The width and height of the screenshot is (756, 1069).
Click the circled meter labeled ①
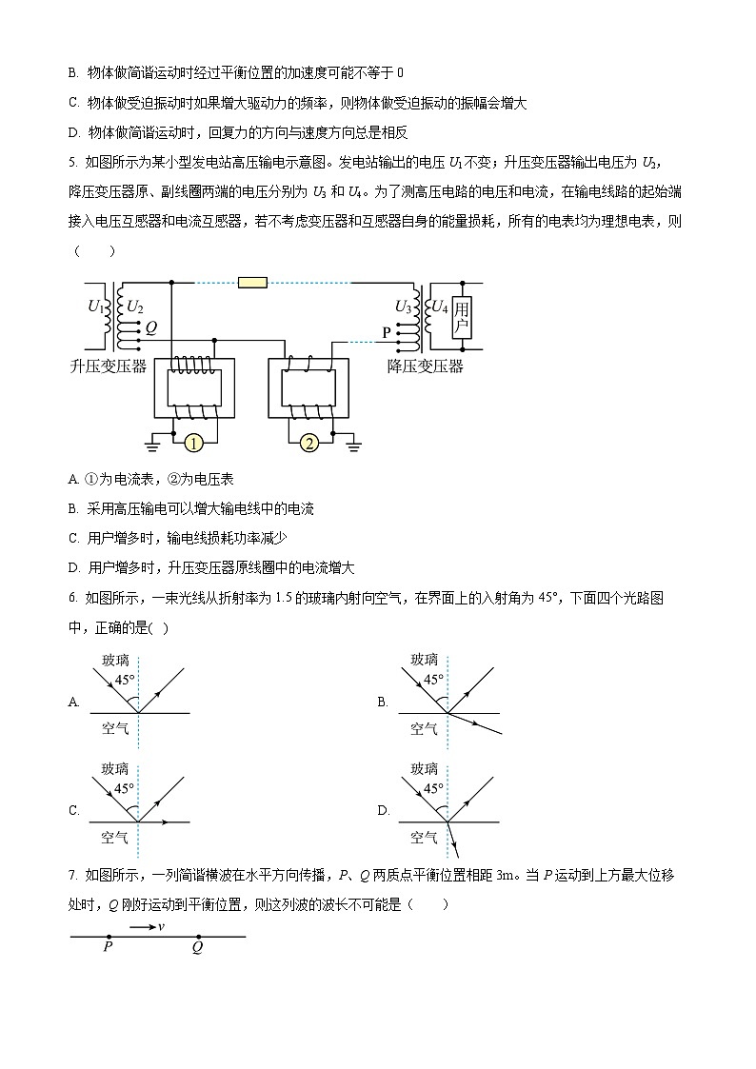(x=193, y=444)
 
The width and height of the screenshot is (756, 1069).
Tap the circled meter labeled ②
(x=308, y=444)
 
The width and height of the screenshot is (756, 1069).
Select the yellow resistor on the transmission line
(x=252, y=283)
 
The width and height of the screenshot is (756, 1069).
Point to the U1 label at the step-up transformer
(x=95, y=307)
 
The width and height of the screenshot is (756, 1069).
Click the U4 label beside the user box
(x=439, y=307)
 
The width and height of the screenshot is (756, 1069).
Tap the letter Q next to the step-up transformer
(x=150, y=325)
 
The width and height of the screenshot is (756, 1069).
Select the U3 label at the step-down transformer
(x=403, y=307)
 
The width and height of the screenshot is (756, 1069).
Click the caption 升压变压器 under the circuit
(x=109, y=366)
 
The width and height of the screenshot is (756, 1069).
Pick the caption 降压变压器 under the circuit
(x=425, y=366)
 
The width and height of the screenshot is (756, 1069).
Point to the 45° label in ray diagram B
(x=433, y=681)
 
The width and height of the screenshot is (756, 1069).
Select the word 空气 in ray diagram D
(x=424, y=838)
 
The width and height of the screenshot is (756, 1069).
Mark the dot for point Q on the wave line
(x=197, y=937)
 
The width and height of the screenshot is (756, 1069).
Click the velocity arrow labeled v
(x=144, y=926)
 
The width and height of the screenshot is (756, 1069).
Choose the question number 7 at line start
(x=74, y=876)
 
